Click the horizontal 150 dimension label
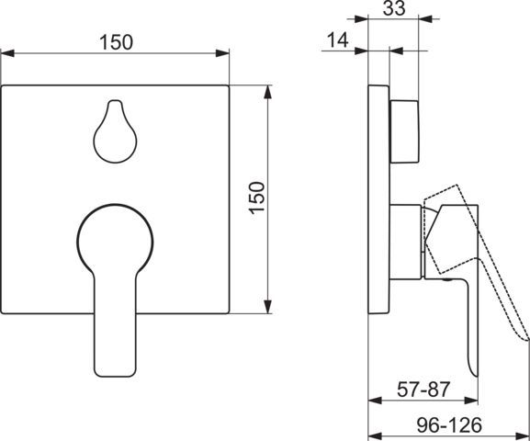(116, 42)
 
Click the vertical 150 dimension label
(257, 198)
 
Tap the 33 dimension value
(394, 8)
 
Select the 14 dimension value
(338, 40)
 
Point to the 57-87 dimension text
(423, 390)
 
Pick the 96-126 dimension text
(449, 424)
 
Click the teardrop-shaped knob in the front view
(115, 131)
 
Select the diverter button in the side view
(406, 131)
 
